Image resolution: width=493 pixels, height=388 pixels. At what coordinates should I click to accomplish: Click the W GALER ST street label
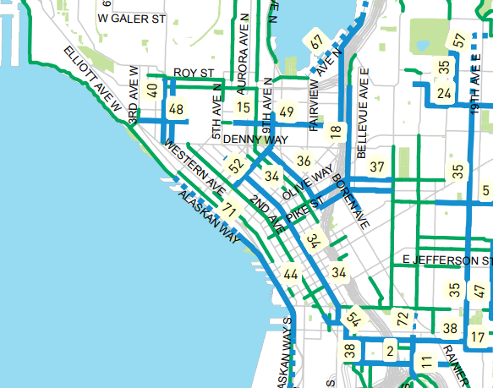click(131, 18)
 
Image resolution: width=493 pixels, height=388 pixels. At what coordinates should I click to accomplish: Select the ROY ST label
click(190, 74)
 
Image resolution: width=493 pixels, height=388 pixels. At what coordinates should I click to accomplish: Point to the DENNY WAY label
click(256, 139)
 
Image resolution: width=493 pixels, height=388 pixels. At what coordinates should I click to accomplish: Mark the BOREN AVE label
click(351, 201)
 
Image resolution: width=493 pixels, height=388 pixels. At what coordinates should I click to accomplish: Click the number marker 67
click(317, 41)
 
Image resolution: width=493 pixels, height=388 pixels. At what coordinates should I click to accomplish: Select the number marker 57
click(459, 40)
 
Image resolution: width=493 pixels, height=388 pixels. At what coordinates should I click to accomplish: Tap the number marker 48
click(176, 109)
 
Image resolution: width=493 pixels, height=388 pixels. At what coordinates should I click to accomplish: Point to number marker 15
click(244, 107)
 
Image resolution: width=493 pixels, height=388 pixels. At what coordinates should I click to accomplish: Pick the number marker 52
click(235, 166)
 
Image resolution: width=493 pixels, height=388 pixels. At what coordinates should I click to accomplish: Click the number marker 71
click(228, 209)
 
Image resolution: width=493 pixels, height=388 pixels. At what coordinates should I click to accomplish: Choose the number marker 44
click(291, 274)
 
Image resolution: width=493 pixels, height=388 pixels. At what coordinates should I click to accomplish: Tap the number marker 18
click(336, 130)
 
